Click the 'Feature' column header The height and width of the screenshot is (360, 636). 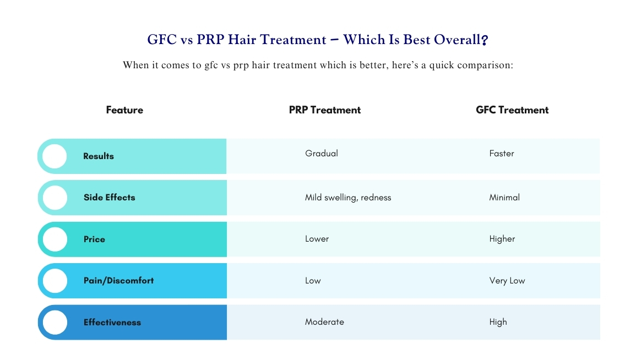click(x=124, y=110)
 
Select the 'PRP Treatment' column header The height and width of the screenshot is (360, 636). click(x=324, y=110)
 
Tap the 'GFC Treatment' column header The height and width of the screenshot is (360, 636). click(x=512, y=110)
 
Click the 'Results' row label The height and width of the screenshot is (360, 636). click(x=99, y=156)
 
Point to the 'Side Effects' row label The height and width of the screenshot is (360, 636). click(x=109, y=198)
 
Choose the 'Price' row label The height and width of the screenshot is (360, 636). click(x=94, y=239)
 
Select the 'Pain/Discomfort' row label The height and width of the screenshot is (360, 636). click(x=118, y=281)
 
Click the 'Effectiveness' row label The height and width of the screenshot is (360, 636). click(x=112, y=323)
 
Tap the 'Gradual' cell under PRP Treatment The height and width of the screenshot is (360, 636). click(x=322, y=154)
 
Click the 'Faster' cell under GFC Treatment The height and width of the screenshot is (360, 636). click(x=502, y=154)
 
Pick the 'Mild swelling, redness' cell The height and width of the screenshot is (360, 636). click(x=348, y=198)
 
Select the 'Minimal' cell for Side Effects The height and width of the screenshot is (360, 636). click(x=504, y=198)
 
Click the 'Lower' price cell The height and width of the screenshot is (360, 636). click(x=317, y=239)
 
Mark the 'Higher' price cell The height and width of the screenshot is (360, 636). click(x=502, y=239)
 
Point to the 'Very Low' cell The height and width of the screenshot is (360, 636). click(x=507, y=281)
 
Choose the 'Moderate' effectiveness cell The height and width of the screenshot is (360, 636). click(x=324, y=322)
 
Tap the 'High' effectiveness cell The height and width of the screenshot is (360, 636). click(x=498, y=322)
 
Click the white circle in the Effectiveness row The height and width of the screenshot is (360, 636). click(x=55, y=323)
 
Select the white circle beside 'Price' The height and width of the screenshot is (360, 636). click(x=55, y=239)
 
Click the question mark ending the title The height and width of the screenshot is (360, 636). click(x=485, y=40)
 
